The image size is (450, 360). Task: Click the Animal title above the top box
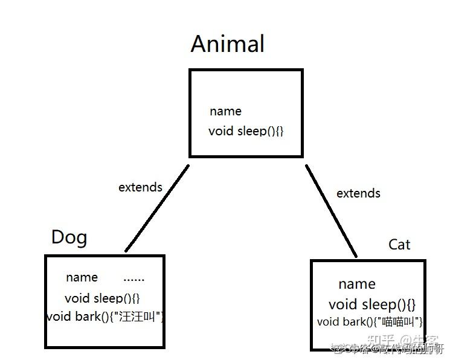228,44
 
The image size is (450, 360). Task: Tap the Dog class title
69,237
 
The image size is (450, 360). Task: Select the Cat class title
399,245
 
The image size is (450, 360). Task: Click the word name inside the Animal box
225,111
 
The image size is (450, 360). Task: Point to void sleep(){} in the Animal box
246,130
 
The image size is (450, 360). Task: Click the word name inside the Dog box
82,277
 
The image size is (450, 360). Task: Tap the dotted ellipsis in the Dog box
134,278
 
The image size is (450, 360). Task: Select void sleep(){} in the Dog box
103,298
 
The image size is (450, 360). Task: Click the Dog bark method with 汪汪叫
105,317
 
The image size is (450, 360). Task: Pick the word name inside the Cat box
356,284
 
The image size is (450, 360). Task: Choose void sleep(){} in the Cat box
372,304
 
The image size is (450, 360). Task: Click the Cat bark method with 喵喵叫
370,322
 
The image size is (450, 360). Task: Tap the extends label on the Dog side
140,187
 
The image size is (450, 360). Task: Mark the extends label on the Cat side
358,193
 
